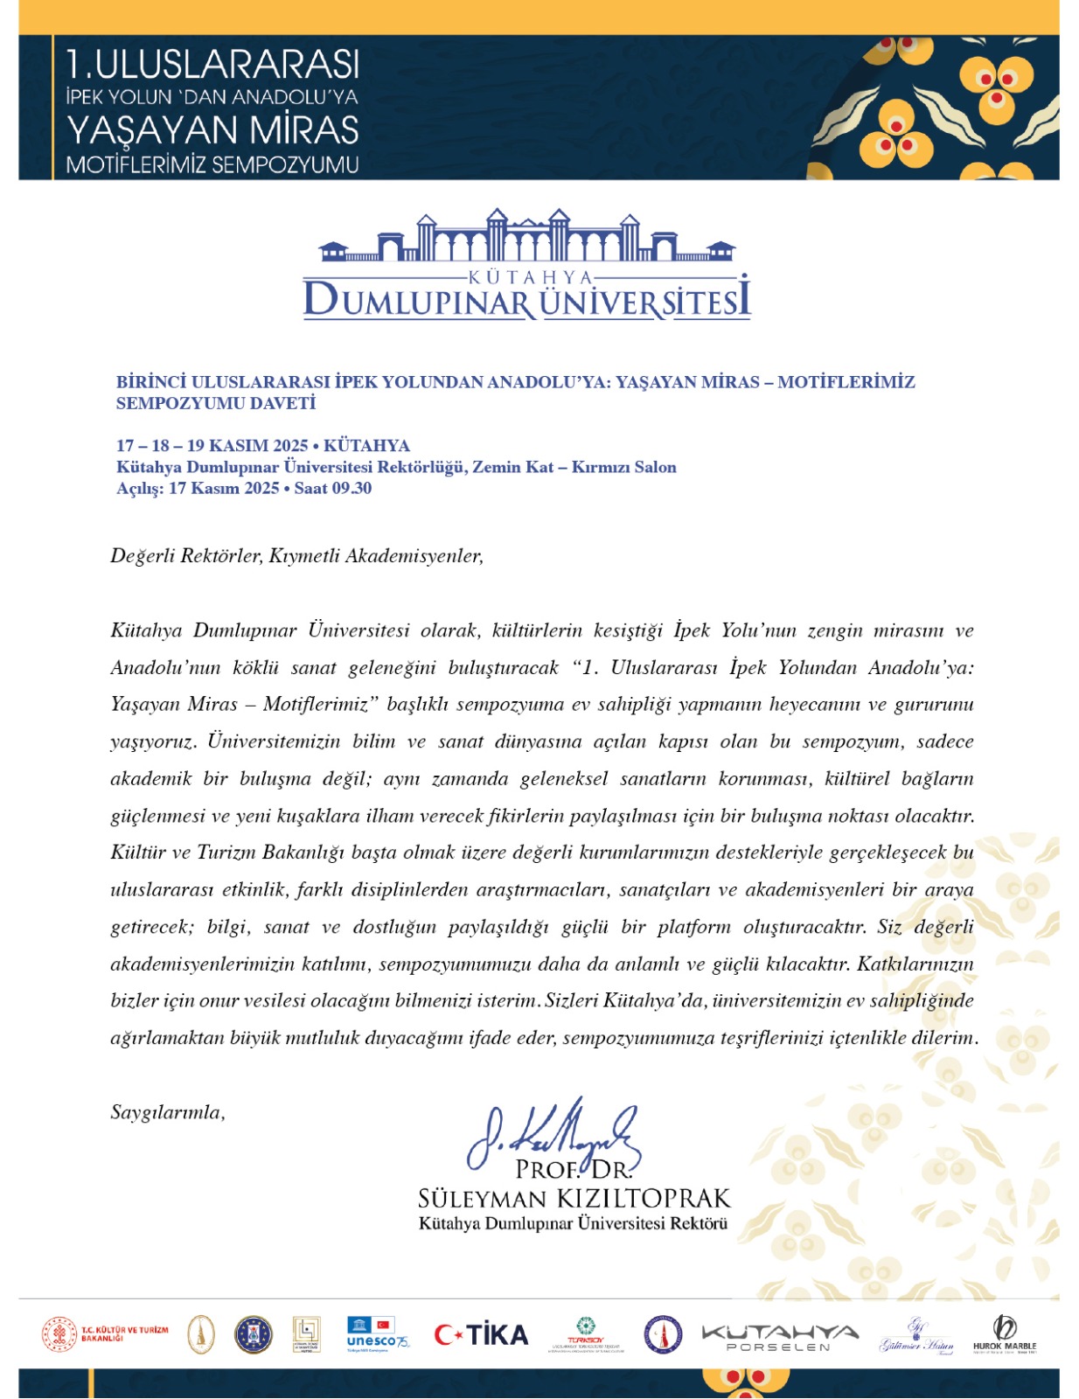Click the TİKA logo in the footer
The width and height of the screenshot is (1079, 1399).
click(481, 1334)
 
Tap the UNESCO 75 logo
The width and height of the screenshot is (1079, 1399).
click(377, 1334)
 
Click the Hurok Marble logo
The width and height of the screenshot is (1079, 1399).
click(1005, 1335)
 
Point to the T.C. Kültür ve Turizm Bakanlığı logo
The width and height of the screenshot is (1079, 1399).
click(106, 1334)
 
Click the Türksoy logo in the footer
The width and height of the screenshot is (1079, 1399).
click(586, 1335)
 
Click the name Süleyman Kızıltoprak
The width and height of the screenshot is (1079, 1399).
click(574, 1198)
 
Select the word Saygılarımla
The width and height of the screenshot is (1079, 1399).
click(167, 1112)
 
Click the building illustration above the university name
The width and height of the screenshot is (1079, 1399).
click(526, 237)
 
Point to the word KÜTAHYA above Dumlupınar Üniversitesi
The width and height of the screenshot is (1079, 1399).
click(531, 277)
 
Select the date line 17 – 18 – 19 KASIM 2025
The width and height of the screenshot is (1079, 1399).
click(212, 445)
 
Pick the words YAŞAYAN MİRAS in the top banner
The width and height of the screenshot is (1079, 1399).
click(212, 130)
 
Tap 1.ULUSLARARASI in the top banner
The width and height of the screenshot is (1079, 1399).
click(212, 64)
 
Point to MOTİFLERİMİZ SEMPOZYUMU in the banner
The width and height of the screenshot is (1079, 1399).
click(212, 164)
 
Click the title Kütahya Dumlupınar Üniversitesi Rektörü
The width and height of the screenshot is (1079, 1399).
click(573, 1223)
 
